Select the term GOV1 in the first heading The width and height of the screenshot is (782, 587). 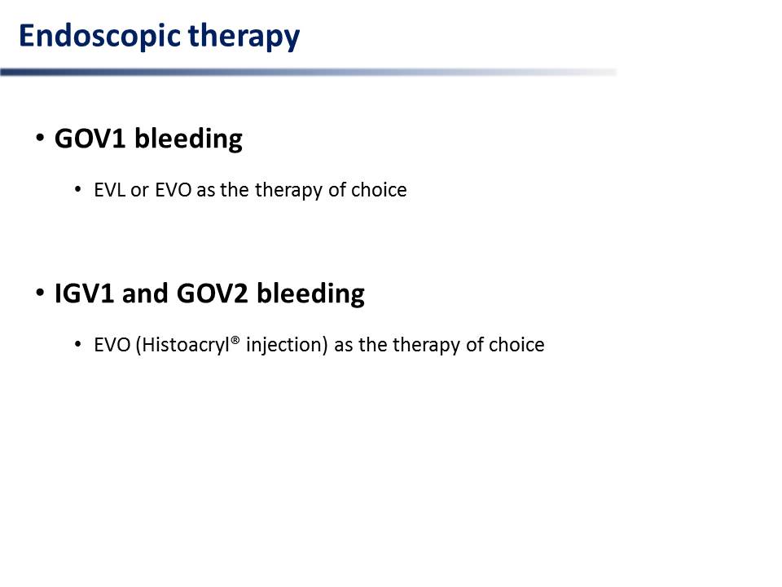(90, 139)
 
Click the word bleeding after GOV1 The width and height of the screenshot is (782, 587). (188, 139)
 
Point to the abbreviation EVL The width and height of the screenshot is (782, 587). (109, 190)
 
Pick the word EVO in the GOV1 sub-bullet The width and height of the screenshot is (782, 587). (173, 190)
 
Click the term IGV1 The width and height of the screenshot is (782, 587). (84, 293)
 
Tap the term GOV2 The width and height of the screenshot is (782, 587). (212, 293)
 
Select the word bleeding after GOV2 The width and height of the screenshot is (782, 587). (310, 294)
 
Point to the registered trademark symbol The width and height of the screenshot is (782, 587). (235, 340)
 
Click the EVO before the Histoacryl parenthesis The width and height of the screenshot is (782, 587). (112, 345)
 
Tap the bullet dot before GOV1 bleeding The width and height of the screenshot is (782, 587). (41, 137)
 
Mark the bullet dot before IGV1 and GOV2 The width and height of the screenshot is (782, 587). (41, 292)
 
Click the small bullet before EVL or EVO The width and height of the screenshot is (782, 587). (78, 189)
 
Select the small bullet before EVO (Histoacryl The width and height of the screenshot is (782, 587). (78, 344)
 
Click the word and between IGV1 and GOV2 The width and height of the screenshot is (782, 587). (145, 293)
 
